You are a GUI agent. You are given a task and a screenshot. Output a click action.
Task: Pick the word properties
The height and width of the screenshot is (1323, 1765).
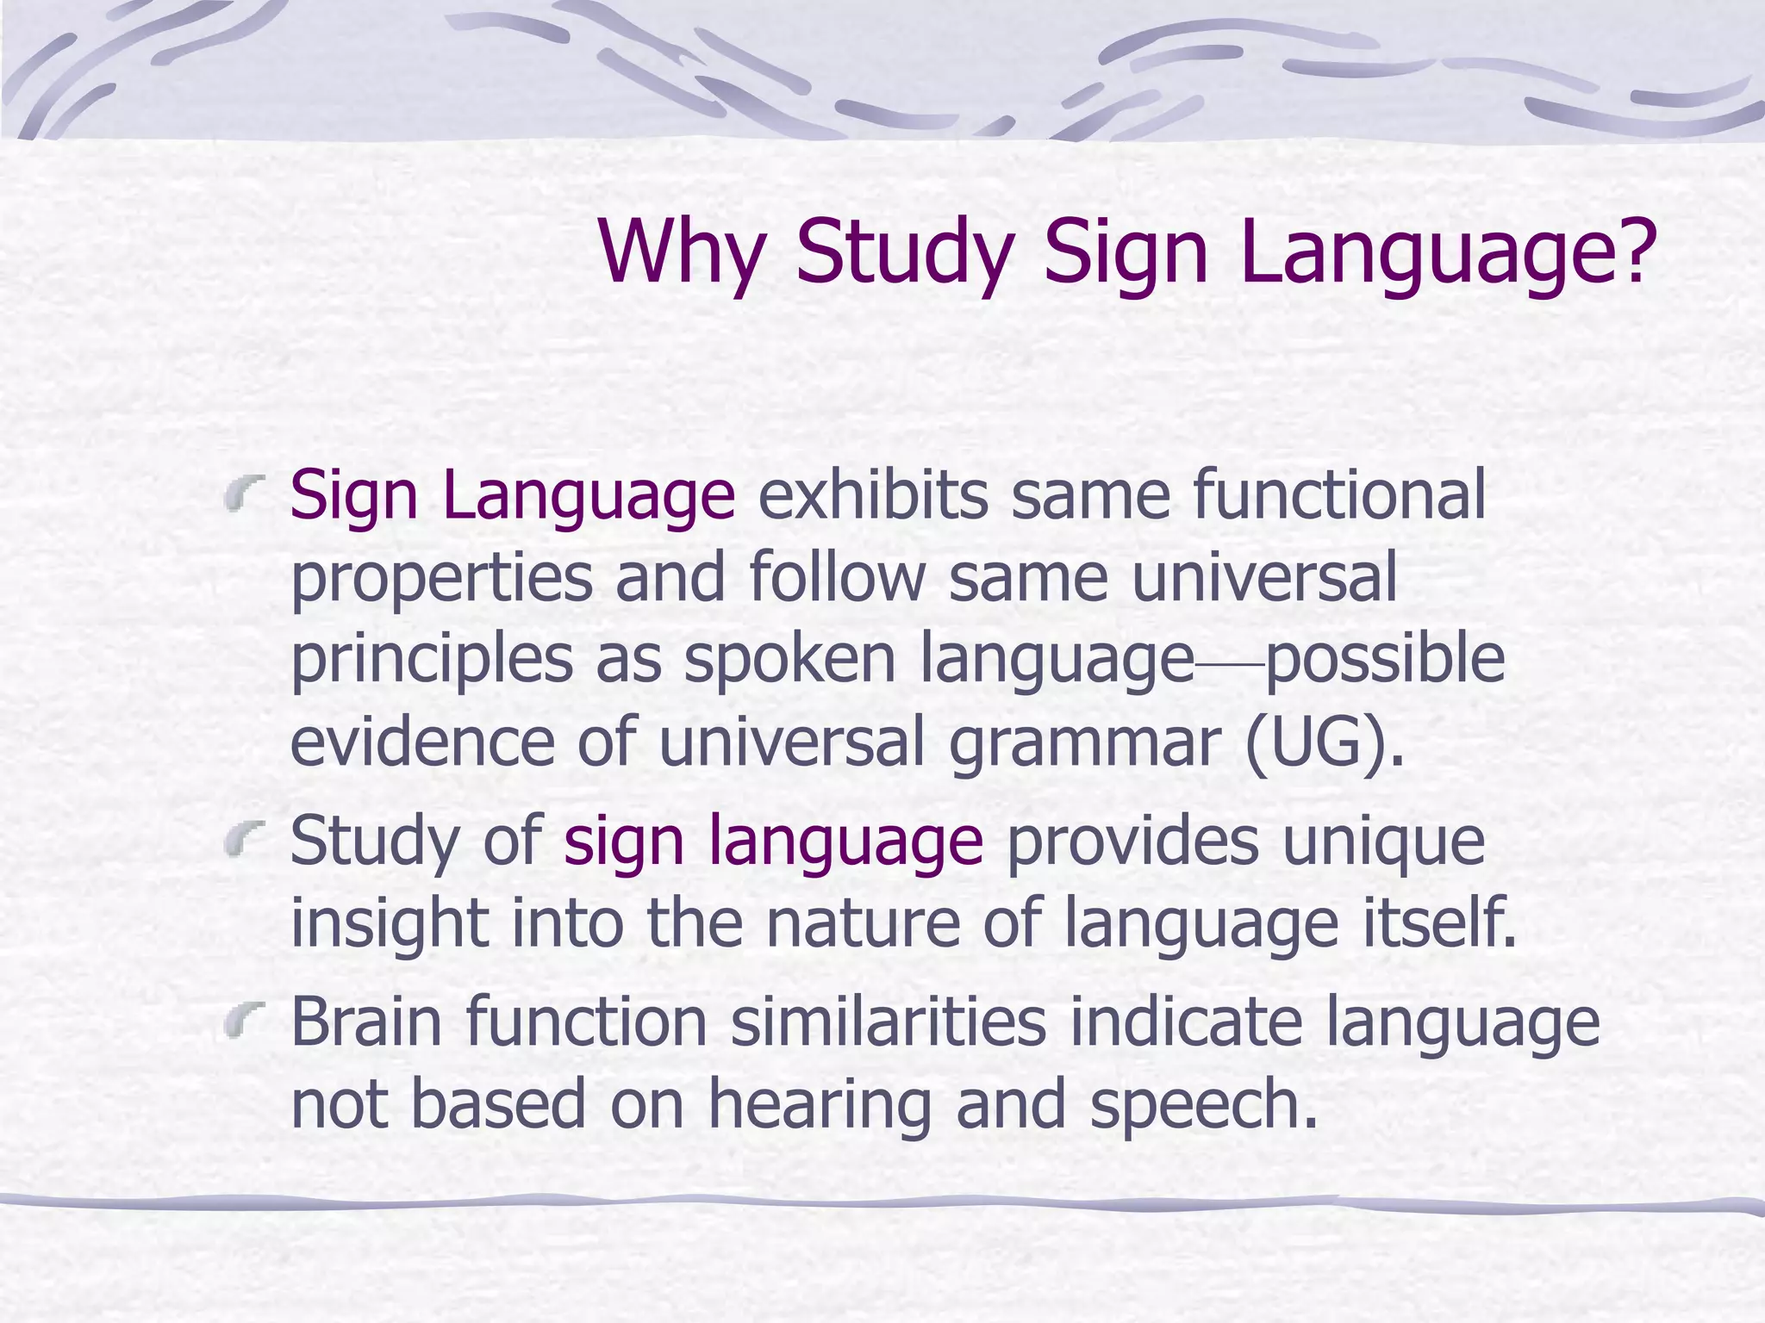[441, 579]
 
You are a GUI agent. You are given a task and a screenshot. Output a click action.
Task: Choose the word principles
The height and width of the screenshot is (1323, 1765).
[431, 661]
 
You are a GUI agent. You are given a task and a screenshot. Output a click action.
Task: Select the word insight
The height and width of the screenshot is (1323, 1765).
[390, 923]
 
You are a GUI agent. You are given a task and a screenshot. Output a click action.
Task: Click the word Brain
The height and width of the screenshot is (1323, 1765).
[367, 1020]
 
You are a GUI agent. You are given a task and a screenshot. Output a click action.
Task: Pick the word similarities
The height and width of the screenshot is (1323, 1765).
[888, 1020]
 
